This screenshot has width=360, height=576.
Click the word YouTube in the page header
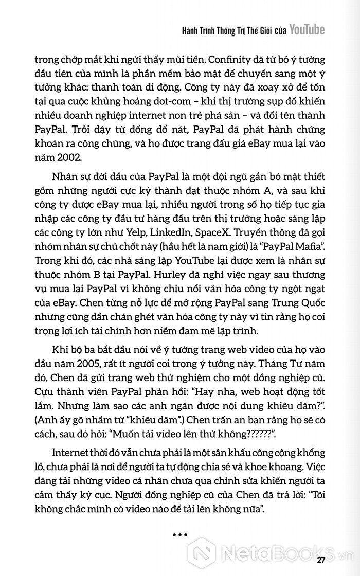307,30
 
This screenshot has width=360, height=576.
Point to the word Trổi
69,139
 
